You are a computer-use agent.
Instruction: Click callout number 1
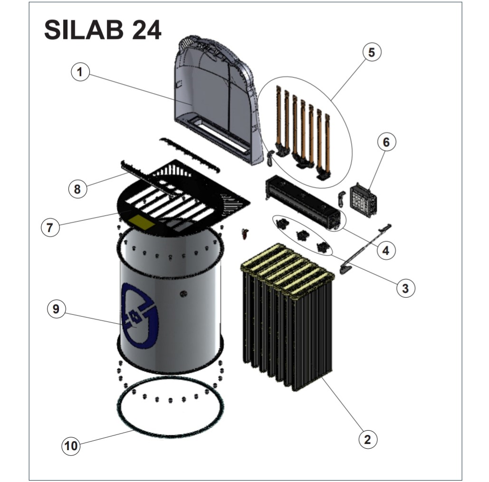click(80, 72)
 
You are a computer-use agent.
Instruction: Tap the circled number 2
click(368, 439)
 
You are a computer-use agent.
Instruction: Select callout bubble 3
click(405, 288)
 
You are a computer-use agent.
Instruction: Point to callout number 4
click(386, 250)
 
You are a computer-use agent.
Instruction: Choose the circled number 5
click(372, 52)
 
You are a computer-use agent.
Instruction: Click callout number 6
click(386, 142)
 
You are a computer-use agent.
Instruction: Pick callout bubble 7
click(50, 227)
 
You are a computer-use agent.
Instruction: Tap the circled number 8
click(77, 189)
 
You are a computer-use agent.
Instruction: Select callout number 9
click(56, 309)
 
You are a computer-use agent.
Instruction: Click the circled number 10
click(71, 446)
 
